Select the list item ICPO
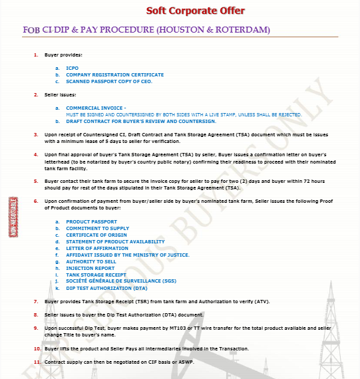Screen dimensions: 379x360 click(72, 68)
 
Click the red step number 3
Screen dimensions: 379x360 click(35, 134)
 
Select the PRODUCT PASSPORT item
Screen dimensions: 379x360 click(91, 221)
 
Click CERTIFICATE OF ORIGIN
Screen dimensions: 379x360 click(96, 235)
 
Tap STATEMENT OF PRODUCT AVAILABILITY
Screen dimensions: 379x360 click(115, 241)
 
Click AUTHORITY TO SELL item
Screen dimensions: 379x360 click(91, 261)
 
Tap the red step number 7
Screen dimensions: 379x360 click(35, 301)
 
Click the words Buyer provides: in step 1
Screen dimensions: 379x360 click(63, 55)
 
